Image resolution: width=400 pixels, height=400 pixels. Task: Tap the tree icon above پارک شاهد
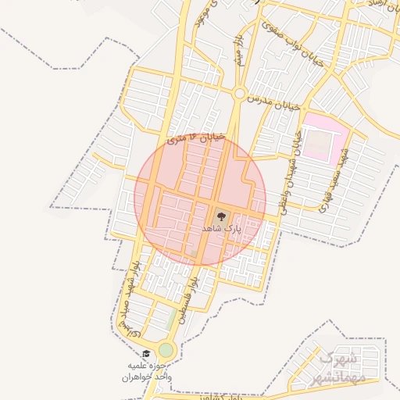[218, 215]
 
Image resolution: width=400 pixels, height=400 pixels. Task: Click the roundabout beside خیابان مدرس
[238, 93]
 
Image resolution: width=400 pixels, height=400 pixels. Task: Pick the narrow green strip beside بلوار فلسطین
[171, 320]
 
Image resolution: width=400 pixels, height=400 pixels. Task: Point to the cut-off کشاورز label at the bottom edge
[217, 396]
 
